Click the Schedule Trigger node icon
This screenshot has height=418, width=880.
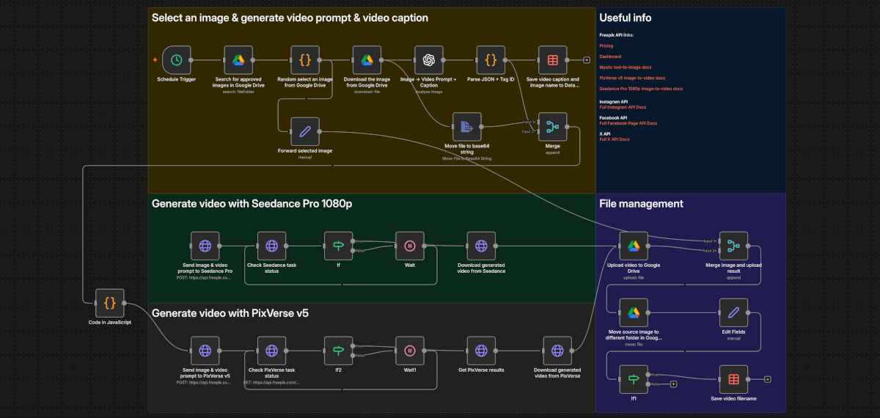tap(176, 60)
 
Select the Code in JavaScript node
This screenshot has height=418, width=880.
tap(109, 303)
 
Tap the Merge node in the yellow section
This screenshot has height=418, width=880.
tap(552, 127)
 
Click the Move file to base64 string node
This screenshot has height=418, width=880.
tap(466, 127)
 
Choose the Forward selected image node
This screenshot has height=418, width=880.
tap(305, 132)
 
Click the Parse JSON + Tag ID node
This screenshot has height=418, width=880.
tap(491, 60)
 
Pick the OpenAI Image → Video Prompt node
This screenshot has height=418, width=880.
tap(429, 60)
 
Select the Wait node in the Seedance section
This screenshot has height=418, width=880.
tap(410, 246)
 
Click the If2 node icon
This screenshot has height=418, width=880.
tap(339, 351)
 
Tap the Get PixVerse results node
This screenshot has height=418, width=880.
tap(481, 351)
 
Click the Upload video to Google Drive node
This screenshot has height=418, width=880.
tap(634, 246)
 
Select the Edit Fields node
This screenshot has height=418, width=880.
tap(733, 312)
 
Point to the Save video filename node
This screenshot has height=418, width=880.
tap(733, 379)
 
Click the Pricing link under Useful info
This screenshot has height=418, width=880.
tap(606, 45)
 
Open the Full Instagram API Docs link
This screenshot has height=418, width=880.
tap(623, 107)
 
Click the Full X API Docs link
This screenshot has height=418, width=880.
tap(615, 139)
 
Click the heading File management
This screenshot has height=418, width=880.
tap(641, 204)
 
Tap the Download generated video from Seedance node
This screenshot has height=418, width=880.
tap(481, 246)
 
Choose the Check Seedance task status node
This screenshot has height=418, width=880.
tap(271, 246)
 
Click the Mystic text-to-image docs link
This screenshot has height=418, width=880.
tap(626, 67)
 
